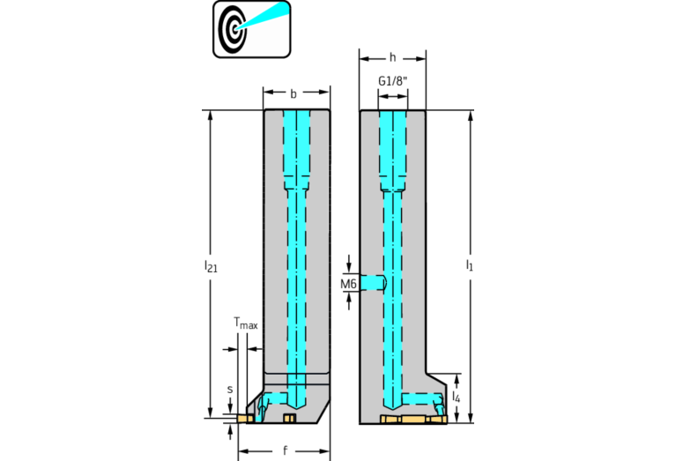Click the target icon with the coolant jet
point(252,29)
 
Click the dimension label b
point(293,93)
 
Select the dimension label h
point(392,57)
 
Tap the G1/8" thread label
point(393,81)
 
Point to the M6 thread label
point(348,284)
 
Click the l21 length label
point(211,265)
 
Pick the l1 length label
point(470,264)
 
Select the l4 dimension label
point(457,397)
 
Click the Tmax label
point(246,323)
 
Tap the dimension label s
point(230,390)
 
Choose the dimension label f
point(285,451)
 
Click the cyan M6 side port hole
point(374,282)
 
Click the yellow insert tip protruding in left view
point(244,419)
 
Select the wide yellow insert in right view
point(414,420)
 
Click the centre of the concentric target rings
point(234,29)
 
